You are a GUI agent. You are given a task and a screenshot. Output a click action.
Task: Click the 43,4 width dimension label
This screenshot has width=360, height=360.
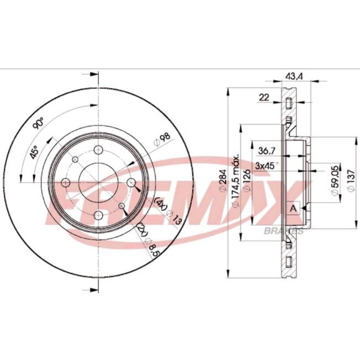coord(294,76)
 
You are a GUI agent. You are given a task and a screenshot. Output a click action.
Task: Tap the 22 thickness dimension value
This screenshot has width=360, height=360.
coord(264,98)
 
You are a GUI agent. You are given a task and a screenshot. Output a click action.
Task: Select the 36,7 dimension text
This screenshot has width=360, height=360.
coord(267,151)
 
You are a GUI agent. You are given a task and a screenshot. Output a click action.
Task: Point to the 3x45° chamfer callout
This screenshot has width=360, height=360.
coord(267,165)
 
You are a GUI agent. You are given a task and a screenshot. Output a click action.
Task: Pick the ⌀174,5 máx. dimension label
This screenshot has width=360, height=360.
coord(236,181)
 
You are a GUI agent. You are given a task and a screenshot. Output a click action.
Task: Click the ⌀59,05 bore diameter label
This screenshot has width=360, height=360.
coord(336,181)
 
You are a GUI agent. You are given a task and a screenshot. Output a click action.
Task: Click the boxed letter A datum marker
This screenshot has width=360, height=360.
coord(293,209)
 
